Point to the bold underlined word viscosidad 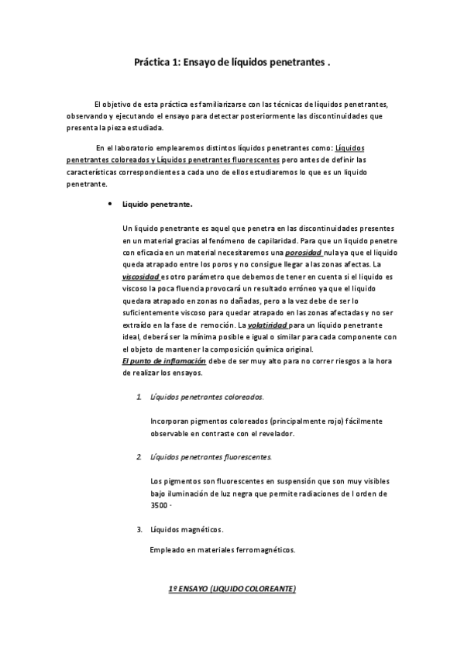coord(141,275)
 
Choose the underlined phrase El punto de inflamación coord(164,361)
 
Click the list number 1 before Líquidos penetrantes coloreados coord(139,397)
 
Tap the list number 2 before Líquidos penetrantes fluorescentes coord(139,456)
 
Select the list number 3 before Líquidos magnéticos coord(139,529)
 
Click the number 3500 coord(160,505)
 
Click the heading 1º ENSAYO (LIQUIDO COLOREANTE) coord(232,590)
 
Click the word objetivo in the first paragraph coord(122,104)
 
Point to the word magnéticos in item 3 coord(200,530)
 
